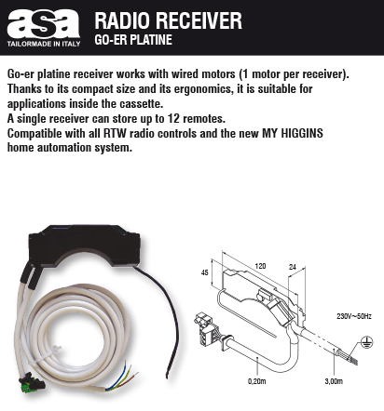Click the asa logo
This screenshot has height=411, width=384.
pos(44,24)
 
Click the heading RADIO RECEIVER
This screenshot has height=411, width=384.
pos(168,20)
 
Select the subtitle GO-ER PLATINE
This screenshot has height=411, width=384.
pos(133,40)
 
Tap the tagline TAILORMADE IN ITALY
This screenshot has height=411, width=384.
pos(44,44)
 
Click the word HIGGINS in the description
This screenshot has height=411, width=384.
pos(302,133)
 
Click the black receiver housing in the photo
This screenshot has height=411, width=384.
pos(85,245)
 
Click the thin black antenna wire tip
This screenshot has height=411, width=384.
pos(168,378)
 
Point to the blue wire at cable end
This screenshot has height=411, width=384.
pos(117,375)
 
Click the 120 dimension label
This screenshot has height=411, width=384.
pos(260,266)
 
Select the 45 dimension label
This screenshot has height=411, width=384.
pos(205,272)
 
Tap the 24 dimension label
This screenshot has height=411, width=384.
pos(293,267)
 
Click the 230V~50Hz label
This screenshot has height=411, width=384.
pos(354,316)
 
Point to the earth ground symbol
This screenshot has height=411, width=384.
pos(367,342)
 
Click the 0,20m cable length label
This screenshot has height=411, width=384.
pos(257,381)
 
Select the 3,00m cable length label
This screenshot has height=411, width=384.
pos(334,381)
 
